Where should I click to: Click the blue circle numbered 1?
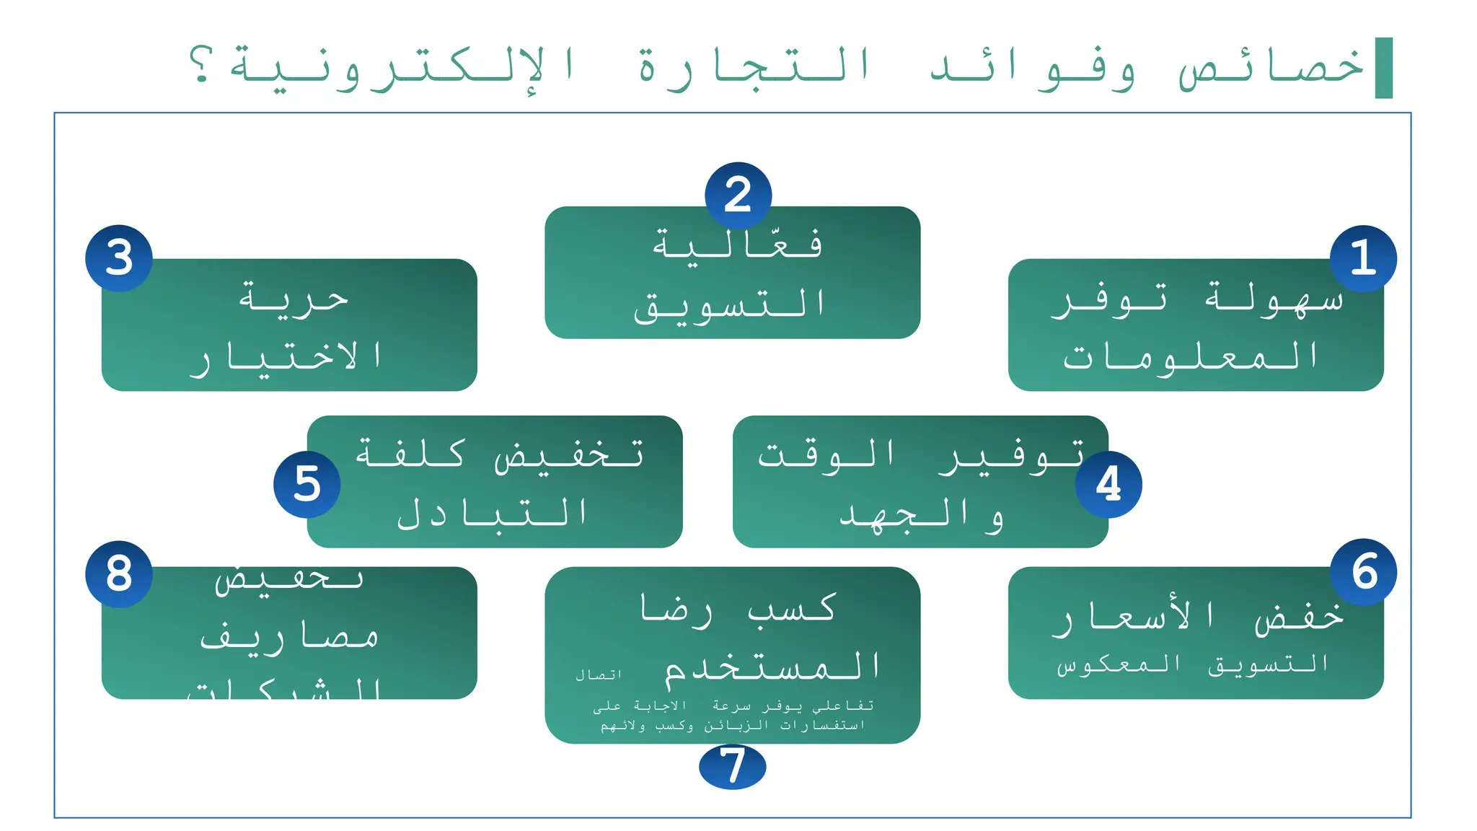[1363, 258]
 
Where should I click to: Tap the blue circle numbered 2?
[738, 195]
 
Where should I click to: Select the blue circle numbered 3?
[119, 258]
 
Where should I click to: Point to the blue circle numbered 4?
[1108, 484]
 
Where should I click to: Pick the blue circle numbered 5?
[307, 484]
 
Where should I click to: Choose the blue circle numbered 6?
[1363, 572]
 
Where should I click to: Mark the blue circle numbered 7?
[732, 766]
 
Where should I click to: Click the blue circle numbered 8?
[119, 574]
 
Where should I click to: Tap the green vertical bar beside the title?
[1383, 68]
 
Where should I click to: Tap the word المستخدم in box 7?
[772, 667]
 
